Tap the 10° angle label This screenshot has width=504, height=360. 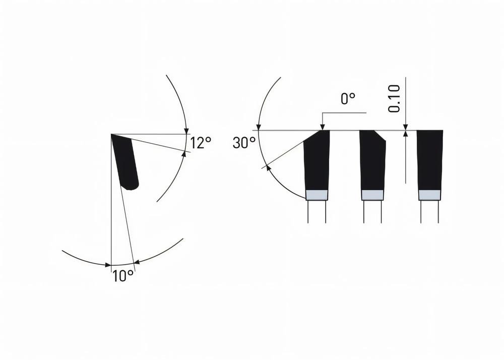coord(123,276)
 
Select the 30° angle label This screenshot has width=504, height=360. coord(244,143)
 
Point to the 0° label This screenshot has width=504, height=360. coord(348,99)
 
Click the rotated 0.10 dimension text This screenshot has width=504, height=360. coord(395,99)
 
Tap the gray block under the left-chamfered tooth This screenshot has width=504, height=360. coord(317,195)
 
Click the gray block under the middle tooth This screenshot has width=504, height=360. coord(373,195)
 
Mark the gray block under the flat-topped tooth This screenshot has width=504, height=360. coord(430,195)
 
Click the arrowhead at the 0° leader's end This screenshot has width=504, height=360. coord(321,127)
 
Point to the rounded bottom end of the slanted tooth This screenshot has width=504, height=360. coord(131,187)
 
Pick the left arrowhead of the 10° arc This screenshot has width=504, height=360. coord(107,264)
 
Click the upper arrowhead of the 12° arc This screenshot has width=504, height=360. coord(186,131)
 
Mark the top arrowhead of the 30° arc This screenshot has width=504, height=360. coord(259,127)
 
